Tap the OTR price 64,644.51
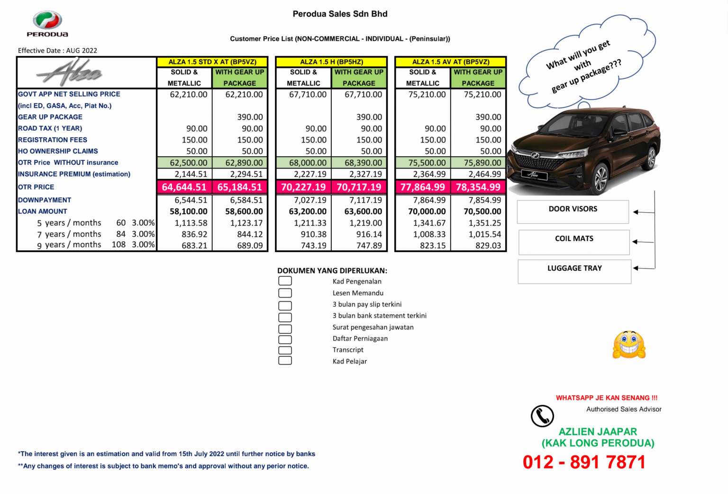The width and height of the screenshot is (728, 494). coord(184,187)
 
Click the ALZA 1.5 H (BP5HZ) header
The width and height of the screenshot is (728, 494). coord(331,62)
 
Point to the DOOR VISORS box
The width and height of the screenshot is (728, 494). coord(573,212)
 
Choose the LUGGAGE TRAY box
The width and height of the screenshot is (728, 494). coord(574,271)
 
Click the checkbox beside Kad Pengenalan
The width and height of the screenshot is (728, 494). coord(285,281)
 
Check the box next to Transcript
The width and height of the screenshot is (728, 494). coord(285,350)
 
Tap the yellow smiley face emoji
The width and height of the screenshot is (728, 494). coord(629,345)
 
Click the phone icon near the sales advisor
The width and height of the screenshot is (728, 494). coord(542,416)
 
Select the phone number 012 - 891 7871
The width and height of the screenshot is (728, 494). coord(584,462)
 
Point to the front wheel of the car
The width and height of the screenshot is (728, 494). coord(601,178)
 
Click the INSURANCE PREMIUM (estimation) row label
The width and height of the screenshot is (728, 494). coord(74,174)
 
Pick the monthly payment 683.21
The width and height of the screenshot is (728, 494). coord(194,246)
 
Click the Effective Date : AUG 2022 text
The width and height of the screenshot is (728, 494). coord(57,51)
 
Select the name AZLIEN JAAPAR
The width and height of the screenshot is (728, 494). coord(598,432)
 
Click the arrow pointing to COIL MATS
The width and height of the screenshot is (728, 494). coord(643,242)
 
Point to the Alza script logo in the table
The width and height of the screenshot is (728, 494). coord(70,73)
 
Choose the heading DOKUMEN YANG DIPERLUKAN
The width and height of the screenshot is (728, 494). coord(332,271)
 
